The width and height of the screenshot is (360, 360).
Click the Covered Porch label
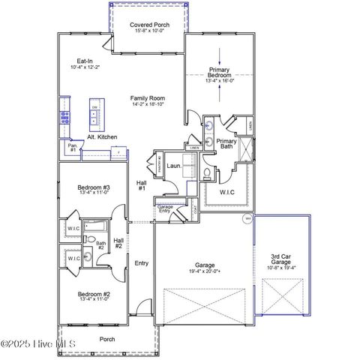click(149, 25)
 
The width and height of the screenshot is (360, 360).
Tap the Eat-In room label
click(84, 64)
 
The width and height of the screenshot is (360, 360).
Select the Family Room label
click(147, 98)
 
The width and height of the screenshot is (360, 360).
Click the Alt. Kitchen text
click(101, 137)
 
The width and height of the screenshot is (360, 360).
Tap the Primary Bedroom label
click(220, 73)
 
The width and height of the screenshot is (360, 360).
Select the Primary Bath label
click(227, 144)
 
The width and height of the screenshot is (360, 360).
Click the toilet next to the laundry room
click(207, 172)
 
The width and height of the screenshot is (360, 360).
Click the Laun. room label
click(174, 166)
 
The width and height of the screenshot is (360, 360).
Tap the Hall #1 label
click(141, 185)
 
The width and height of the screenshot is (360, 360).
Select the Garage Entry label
click(165, 208)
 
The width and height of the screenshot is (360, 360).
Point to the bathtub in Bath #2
click(94, 225)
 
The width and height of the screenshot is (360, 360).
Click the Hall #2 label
click(118, 243)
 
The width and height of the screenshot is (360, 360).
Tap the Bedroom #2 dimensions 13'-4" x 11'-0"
click(94, 298)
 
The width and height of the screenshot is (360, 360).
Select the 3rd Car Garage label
click(283, 259)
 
